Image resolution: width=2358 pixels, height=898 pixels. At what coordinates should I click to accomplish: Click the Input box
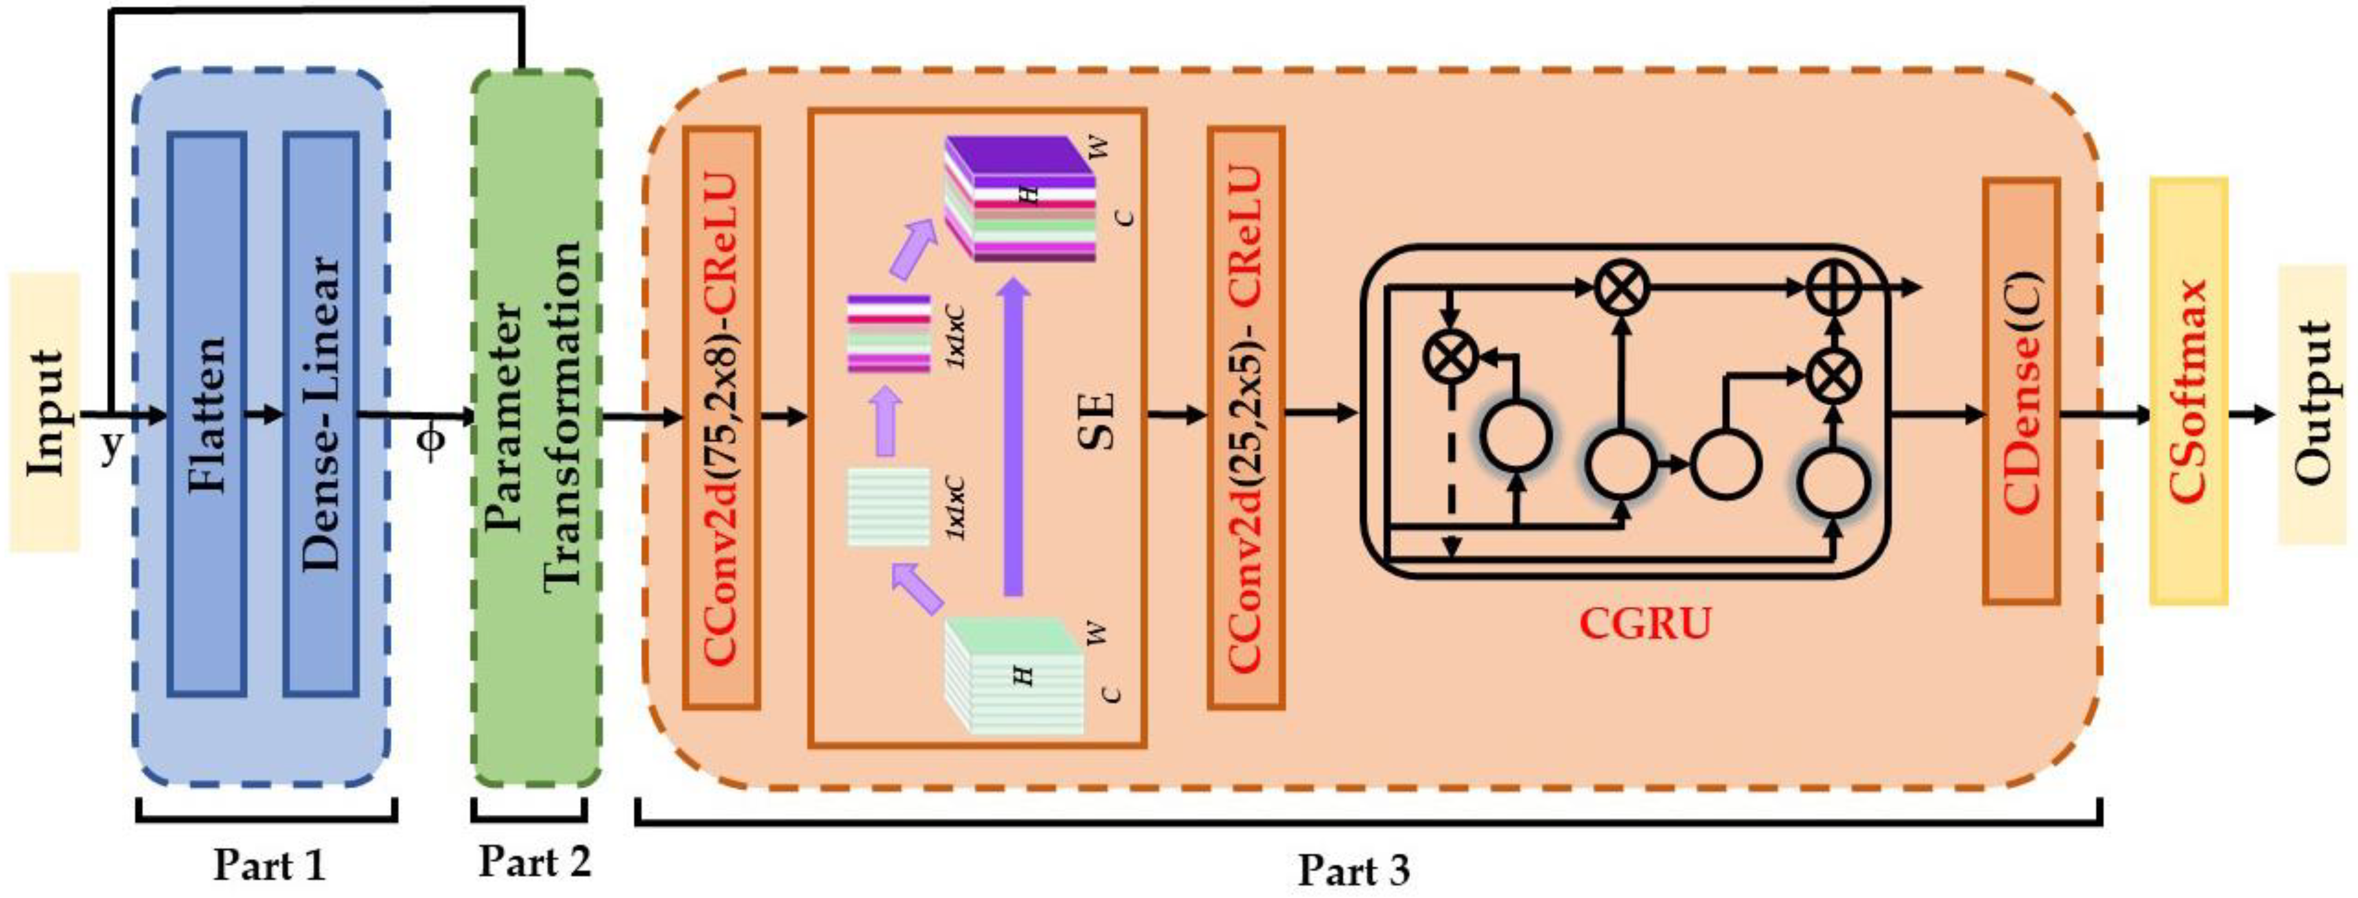point(44,412)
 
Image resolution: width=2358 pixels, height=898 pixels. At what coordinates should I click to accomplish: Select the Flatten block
point(207,414)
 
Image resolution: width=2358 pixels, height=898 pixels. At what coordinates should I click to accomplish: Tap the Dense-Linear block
point(320,414)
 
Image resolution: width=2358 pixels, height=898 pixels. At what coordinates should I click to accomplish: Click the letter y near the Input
point(111,447)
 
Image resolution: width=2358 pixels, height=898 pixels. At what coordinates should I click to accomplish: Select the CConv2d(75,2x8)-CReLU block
point(721,418)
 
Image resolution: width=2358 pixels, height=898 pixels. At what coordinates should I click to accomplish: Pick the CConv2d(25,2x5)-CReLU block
point(1245,418)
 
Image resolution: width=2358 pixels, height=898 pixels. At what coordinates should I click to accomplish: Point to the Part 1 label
point(269,864)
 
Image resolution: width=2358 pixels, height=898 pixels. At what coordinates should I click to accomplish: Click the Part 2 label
point(535,861)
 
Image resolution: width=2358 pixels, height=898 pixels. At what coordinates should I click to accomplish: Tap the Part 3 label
point(1353,870)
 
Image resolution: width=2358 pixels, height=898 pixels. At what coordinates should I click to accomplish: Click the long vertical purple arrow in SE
point(1012,440)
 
